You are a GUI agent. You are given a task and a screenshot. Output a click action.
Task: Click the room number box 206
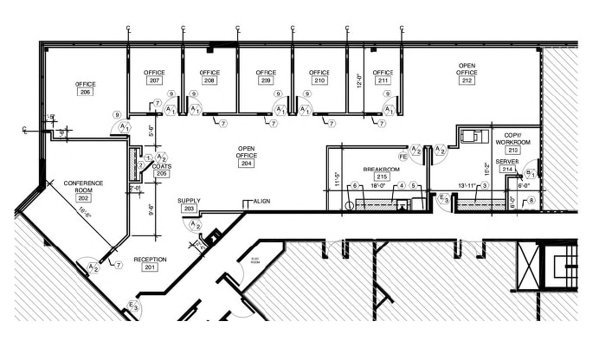(x=85, y=92)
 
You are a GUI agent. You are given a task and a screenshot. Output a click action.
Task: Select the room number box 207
(x=154, y=80)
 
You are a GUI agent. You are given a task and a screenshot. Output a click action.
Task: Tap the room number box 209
(x=266, y=80)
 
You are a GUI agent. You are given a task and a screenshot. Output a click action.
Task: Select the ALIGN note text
(x=261, y=201)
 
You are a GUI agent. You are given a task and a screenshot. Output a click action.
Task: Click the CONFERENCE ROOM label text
(x=83, y=187)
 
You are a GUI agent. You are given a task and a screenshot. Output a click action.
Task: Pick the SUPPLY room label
(x=190, y=201)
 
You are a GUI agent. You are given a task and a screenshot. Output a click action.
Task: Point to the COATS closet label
(x=161, y=165)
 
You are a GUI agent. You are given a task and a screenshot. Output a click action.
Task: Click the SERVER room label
(x=508, y=161)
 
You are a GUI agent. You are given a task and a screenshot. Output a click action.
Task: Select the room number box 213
(x=512, y=150)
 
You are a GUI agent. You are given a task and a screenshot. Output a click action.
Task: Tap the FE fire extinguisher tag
(x=403, y=157)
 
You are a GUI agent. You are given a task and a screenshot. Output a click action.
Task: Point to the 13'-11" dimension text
(x=472, y=185)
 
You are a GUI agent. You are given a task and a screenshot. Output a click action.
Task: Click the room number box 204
(x=246, y=163)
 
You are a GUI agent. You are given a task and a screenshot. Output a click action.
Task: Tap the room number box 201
(x=150, y=267)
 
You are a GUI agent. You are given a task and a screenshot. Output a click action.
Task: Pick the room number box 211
(x=383, y=80)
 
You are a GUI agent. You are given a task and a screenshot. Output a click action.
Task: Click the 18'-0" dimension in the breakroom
(x=377, y=185)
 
